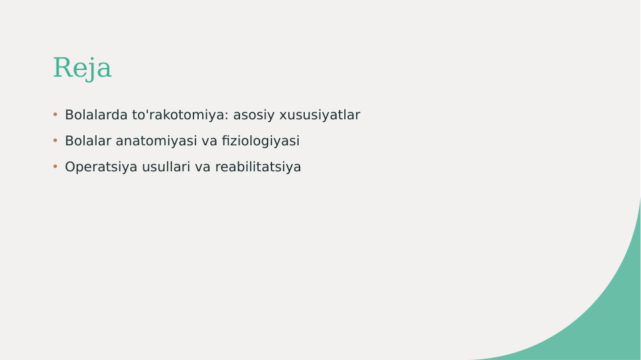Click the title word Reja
pyautogui.click(x=82, y=68)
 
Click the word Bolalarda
pyautogui.click(x=96, y=115)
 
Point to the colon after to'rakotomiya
pyautogui.click(x=227, y=116)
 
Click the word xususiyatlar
pyautogui.click(x=319, y=115)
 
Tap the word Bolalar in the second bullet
pyautogui.click(x=88, y=141)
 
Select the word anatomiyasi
pyautogui.click(x=156, y=141)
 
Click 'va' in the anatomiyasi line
pyautogui.click(x=209, y=141)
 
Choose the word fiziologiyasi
pyautogui.click(x=260, y=141)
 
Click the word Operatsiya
pyautogui.click(x=101, y=167)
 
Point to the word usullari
pyautogui.click(x=166, y=167)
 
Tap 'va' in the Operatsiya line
pyautogui.click(x=203, y=167)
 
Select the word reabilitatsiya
pyautogui.click(x=257, y=167)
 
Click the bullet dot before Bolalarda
pyautogui.click(x=55, y=115)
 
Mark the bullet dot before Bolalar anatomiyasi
pyautogui.click(x=55, y=141)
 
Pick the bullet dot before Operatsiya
pyautogui.click(x=55, y=167)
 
